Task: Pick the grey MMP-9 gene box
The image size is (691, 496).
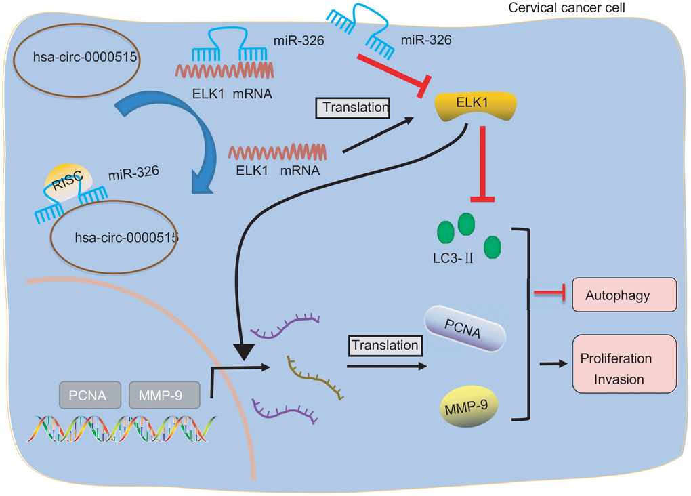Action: point(165,394)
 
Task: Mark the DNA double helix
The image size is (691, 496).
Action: point(122,429)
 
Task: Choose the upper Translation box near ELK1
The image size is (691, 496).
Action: point(356,107)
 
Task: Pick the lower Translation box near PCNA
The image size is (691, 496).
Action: point(384,345)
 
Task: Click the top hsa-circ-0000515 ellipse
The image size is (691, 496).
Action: point(85,58)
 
